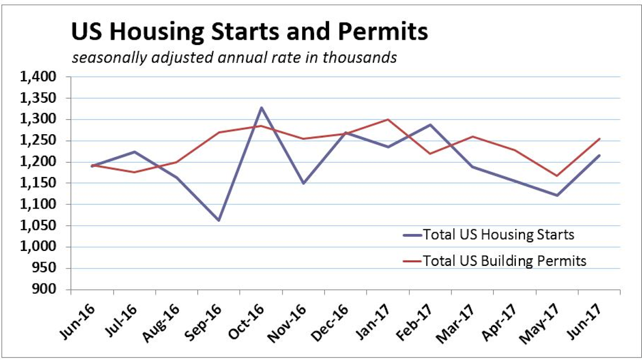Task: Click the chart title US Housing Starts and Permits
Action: pyautogui.click(x=249, y=32)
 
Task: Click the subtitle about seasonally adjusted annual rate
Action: pyautogui.click(x=234, y=57)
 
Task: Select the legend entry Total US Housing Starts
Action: pyautogui.click(x=498, y=234)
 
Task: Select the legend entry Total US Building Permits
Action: pyautogui.click(x=505, y=261)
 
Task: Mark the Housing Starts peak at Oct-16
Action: pyautogui.click(x=261, y=108)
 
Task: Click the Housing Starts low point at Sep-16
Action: pyautogui.click(x=219, y=220)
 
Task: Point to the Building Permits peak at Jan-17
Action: pyautogui.click(x=388, y=119)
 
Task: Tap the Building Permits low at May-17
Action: pyautogui.click(x=557, y=175)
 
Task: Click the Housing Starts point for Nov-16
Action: pyautogui.click(x=303, y=183)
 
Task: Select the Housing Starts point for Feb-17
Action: pyautogui.click(x=430, y=125)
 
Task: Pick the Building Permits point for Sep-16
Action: pyautogui.click(x=219, y=132)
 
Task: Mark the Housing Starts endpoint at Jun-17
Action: pyautogui.click(x=599, y=156)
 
